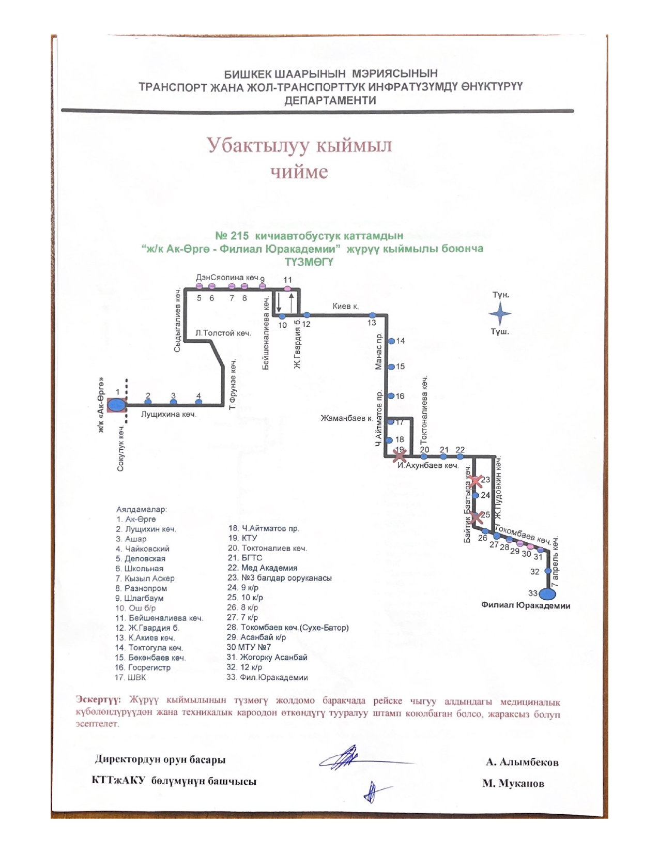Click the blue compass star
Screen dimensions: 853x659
click(500, 313)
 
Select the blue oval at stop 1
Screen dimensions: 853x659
click(117, 405)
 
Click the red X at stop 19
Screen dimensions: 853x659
click(400, 455)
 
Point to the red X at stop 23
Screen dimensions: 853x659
click(476, 481)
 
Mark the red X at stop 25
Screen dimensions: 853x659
click(477, 516)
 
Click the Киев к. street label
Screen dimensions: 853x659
click(346, 306)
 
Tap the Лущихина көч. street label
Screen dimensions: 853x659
click(168, 414)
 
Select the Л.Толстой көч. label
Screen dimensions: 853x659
click(223, 333)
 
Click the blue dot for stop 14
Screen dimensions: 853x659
click(391, 341)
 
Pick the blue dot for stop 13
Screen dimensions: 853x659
click(372, 315)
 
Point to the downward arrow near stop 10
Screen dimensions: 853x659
click(279, 302)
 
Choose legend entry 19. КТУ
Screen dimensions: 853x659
click(242, 538)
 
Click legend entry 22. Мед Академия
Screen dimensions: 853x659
click(262, 568)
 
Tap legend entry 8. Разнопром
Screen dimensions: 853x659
click(141, 588)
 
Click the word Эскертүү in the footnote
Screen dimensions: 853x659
click(98, 700)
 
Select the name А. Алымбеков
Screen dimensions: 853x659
click(522, 762)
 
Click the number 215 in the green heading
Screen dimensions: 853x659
click(239, 236)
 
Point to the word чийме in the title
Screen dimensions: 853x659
click(299, 172)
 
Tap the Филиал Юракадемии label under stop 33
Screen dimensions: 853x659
click(525, 605)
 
